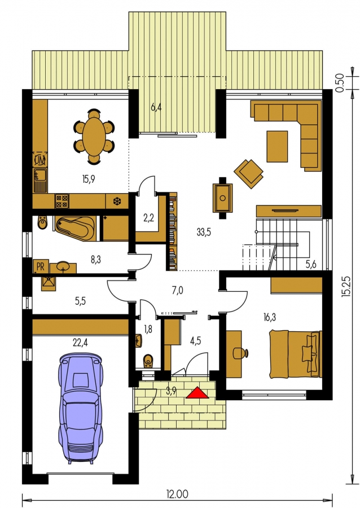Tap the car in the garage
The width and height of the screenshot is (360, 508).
click(x=81, y=409)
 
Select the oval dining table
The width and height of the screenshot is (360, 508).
click(x=94, y=136)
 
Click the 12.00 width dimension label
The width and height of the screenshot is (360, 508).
click(x=177, y=494)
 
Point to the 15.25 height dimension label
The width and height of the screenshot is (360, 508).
click(x=346, y=286)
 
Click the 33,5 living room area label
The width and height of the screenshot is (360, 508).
click(x=204, y=231)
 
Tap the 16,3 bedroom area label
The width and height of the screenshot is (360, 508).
click(x=269, y=317)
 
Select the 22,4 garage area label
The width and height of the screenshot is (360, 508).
click(x=80, y=343)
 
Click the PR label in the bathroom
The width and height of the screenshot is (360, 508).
click(x=41, y=266)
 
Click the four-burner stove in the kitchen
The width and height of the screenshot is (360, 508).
click(x=62, y=201)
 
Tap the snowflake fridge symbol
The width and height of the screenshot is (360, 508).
click(x=117, y=202)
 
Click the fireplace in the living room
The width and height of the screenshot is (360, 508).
click(x=222, y=198)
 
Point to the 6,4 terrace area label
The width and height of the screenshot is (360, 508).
click(x=156, y=107)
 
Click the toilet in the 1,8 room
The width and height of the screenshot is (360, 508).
click(x=148, y=361)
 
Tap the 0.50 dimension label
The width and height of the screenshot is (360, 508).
click(x=339, y=82)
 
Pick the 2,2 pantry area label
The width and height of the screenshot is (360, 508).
click(x=148, y=218)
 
